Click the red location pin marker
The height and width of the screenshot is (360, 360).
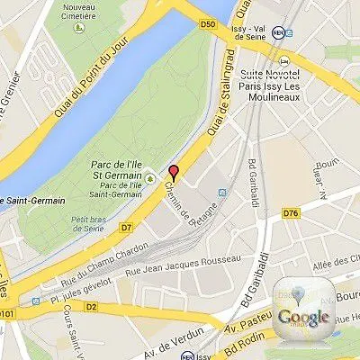pyautogui.click(x=175, y=174)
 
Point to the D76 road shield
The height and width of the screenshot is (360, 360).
pyautogui.click(x=291, y=213)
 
